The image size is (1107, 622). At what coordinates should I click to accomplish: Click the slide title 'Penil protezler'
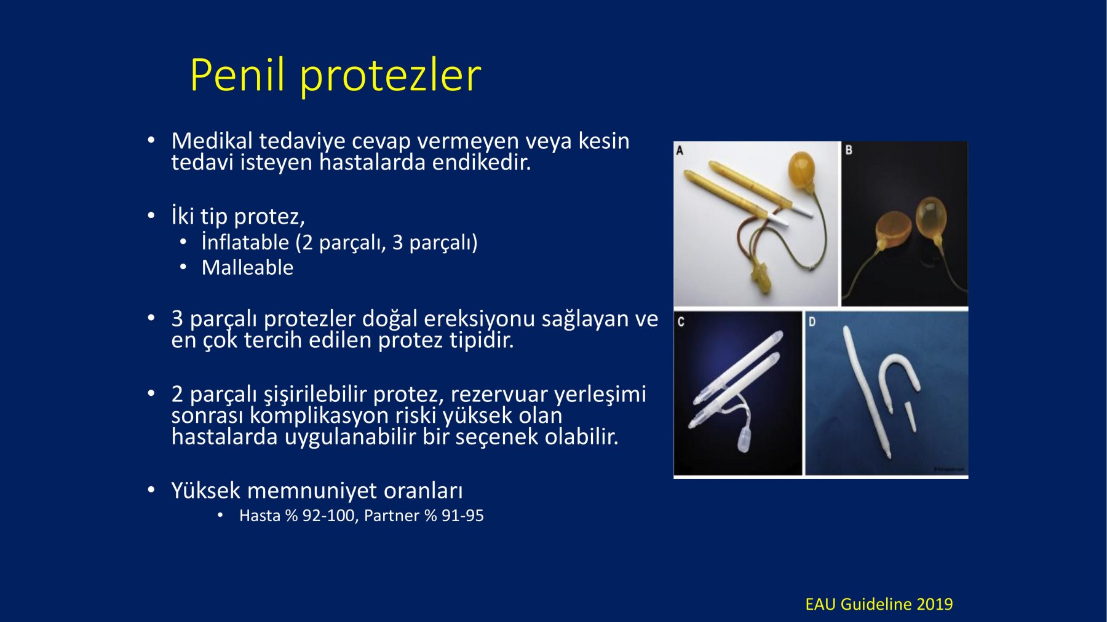point(335,76)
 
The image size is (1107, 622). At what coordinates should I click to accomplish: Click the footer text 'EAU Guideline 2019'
point(879,604)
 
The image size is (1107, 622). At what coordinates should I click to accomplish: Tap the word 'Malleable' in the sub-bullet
point(247,267)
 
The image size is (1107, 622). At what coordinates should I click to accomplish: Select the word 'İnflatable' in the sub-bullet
point(245,242)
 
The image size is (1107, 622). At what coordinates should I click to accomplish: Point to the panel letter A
point(680,150)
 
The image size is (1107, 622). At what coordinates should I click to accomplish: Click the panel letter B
point(849,150)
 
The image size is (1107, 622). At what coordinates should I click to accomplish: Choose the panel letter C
point(681,321)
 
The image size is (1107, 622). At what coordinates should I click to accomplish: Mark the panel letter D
point(812,321)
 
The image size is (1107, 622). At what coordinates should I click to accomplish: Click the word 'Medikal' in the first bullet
point(212,141)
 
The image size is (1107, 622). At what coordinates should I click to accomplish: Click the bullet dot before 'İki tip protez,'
point(151,216)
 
